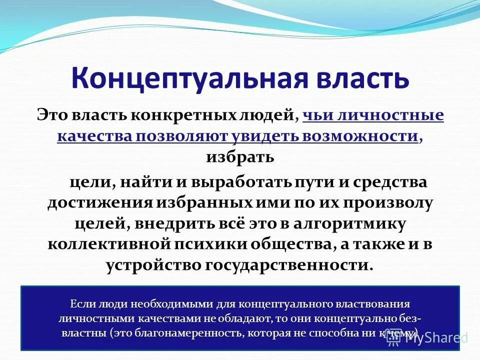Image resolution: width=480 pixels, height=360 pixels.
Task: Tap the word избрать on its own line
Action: coord(240,157)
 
